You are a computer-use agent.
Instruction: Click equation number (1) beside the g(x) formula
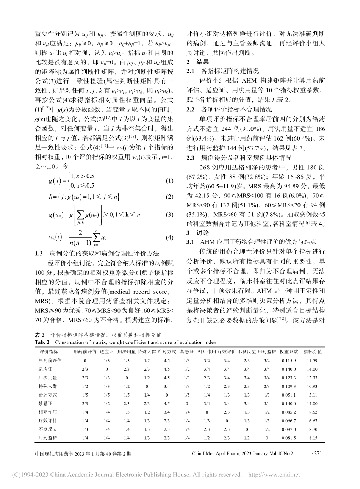169,181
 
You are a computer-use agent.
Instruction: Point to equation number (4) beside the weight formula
169,238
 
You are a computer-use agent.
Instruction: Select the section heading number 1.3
39,253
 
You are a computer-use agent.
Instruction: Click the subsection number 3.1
190,242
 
